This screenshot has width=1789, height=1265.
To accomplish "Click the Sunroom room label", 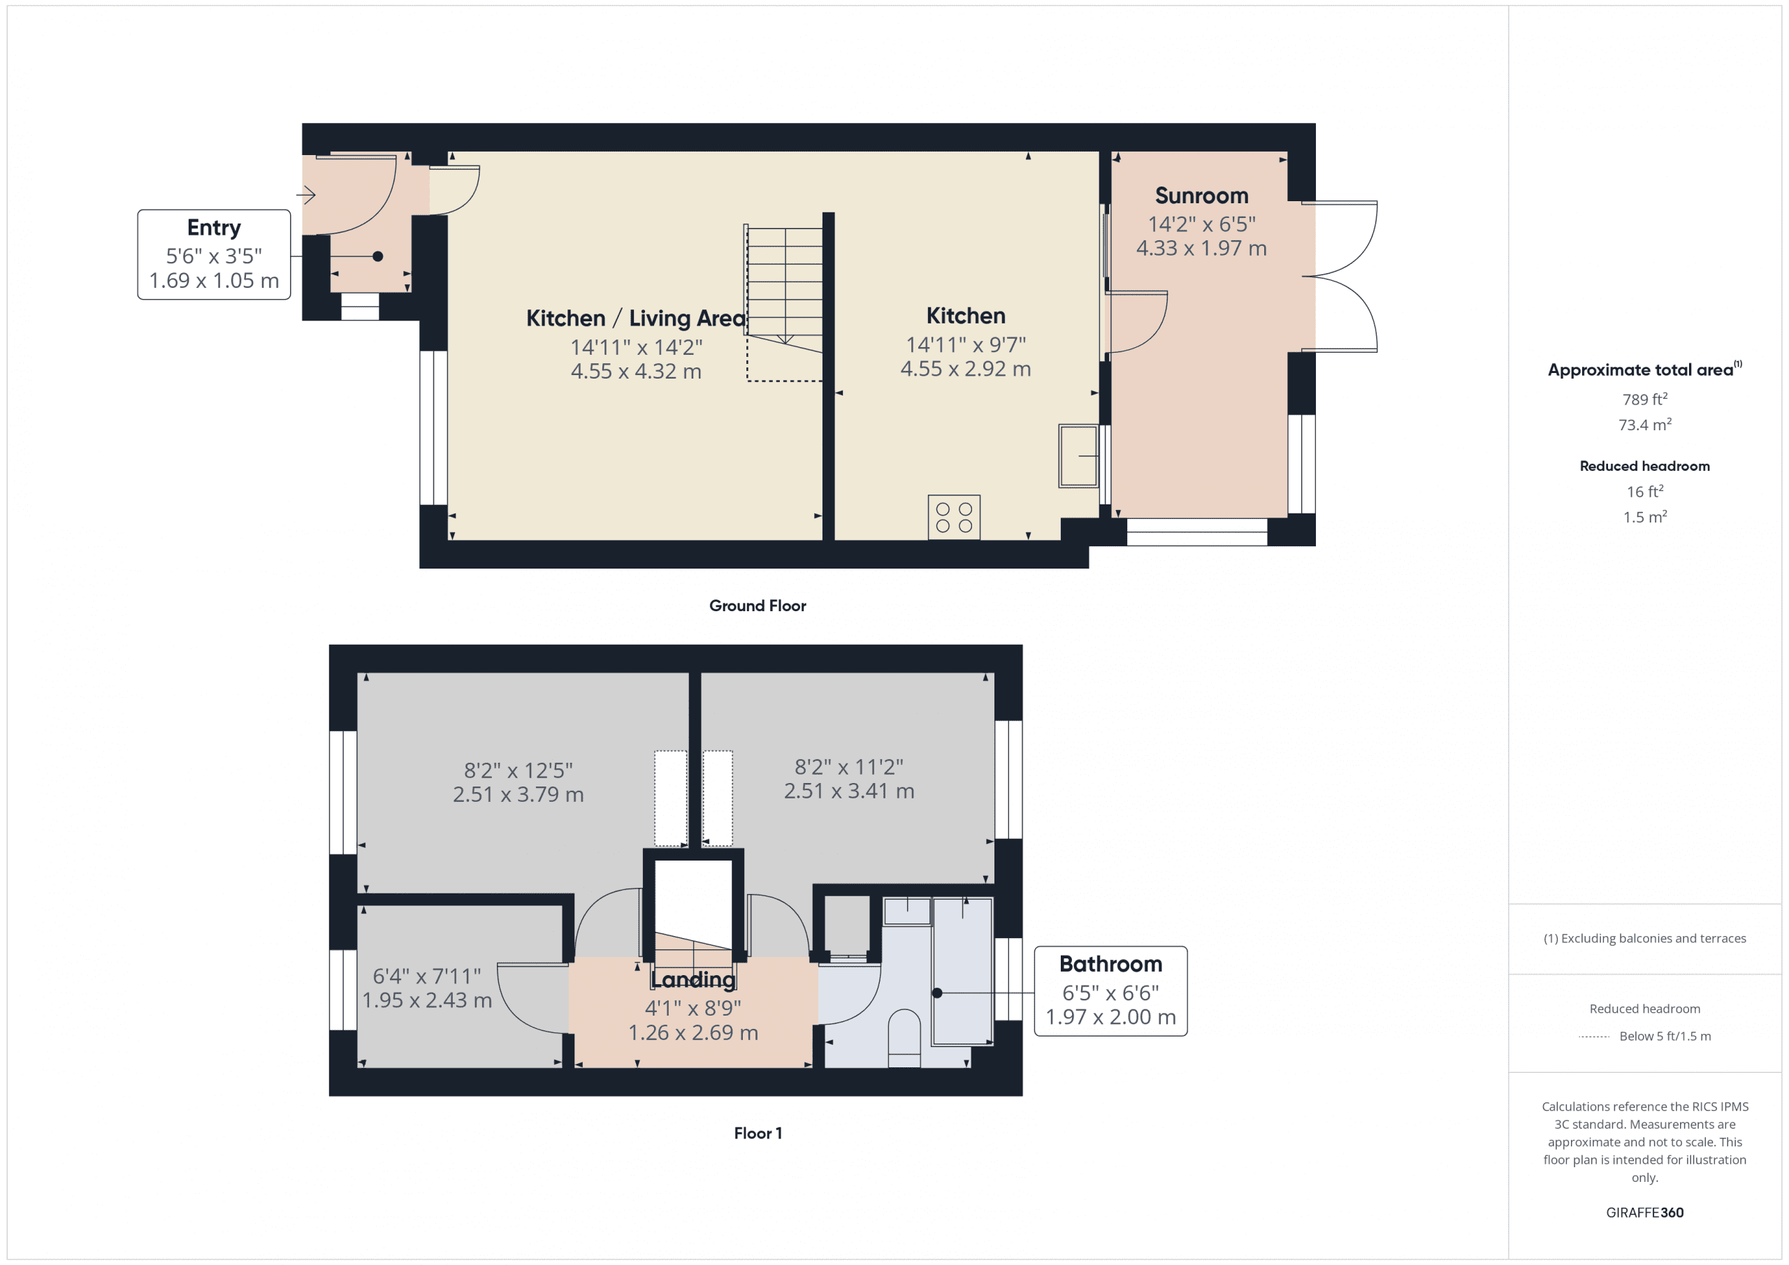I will pyautogui.click(x=1201, y=196).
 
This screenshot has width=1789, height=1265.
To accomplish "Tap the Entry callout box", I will pyautogui.click(x=214, y=254).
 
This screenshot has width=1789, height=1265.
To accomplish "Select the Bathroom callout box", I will pyautogui.click(x=1110, y=990).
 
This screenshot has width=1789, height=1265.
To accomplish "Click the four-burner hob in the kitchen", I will pyautogui.click(x=953, y=517).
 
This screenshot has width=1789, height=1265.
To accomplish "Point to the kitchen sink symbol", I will pyautogui.click(x=1078, y=455).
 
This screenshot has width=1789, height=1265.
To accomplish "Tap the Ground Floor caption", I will pyautogui.click(x=757, y=605).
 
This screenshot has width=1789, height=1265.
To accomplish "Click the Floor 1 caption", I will pyautogui.click(x=757, y=1132).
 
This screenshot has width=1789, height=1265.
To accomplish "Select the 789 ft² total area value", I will pyautogui.click(x=1644, y=399).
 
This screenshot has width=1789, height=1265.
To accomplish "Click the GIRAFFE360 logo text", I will pyautogui.click(x=1644, y=1212).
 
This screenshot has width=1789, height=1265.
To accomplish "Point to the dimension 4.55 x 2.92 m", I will pyautogui.click(x=964, y=368).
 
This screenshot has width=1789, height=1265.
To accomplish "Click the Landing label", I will pyautogui.click(x=692, y=979).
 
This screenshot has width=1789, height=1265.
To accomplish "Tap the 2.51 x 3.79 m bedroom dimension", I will pyautogui.click(x=518, y=794).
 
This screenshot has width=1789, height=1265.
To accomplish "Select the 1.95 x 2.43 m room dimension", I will pyautogui.click(x=426, y=1000).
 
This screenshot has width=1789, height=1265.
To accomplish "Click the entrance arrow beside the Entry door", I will pyautogui.click(x=305, y=195).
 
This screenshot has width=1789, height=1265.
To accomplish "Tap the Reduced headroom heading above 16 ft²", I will pyautogui.click(x=1644, y=466).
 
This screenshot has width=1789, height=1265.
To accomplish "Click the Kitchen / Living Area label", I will pyautogui.click(x=635, y=318).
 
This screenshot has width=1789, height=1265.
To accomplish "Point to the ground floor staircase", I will pyautogui.click(x=784, y=288).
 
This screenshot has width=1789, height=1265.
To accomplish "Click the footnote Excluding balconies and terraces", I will pyautogui.click(x=1644, y=938).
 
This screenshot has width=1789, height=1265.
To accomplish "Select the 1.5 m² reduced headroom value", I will pyautogui.click(x=1644, y=517).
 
